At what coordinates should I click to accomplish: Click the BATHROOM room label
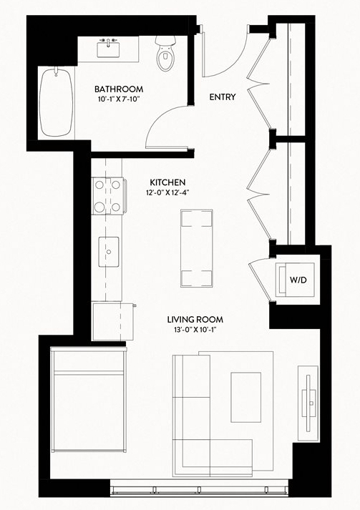pos(119,89)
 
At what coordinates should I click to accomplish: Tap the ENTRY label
pos(223,97)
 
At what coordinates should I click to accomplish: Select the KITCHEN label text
pos(167,182)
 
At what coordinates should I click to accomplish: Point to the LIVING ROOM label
pos(195,320)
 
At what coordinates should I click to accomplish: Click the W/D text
pos(298,280)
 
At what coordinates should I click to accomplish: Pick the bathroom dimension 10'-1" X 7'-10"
pos(119,99)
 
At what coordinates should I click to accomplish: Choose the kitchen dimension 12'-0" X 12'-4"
pos(167,192)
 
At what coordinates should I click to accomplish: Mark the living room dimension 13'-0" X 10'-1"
pos(195,330)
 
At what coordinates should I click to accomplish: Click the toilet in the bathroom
pos(165,54)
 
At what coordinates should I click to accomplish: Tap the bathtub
pos(56,102)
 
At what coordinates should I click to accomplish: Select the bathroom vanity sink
pos(108,48)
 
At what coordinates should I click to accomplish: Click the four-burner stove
pos(108,196)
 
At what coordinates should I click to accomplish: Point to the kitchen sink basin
pos(109,252)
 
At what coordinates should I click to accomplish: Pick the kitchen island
pos(197,248)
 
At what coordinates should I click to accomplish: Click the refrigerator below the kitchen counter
pos(113,322)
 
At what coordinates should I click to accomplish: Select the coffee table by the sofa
pos(246,397)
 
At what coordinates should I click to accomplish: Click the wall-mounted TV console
pos(308,403)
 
